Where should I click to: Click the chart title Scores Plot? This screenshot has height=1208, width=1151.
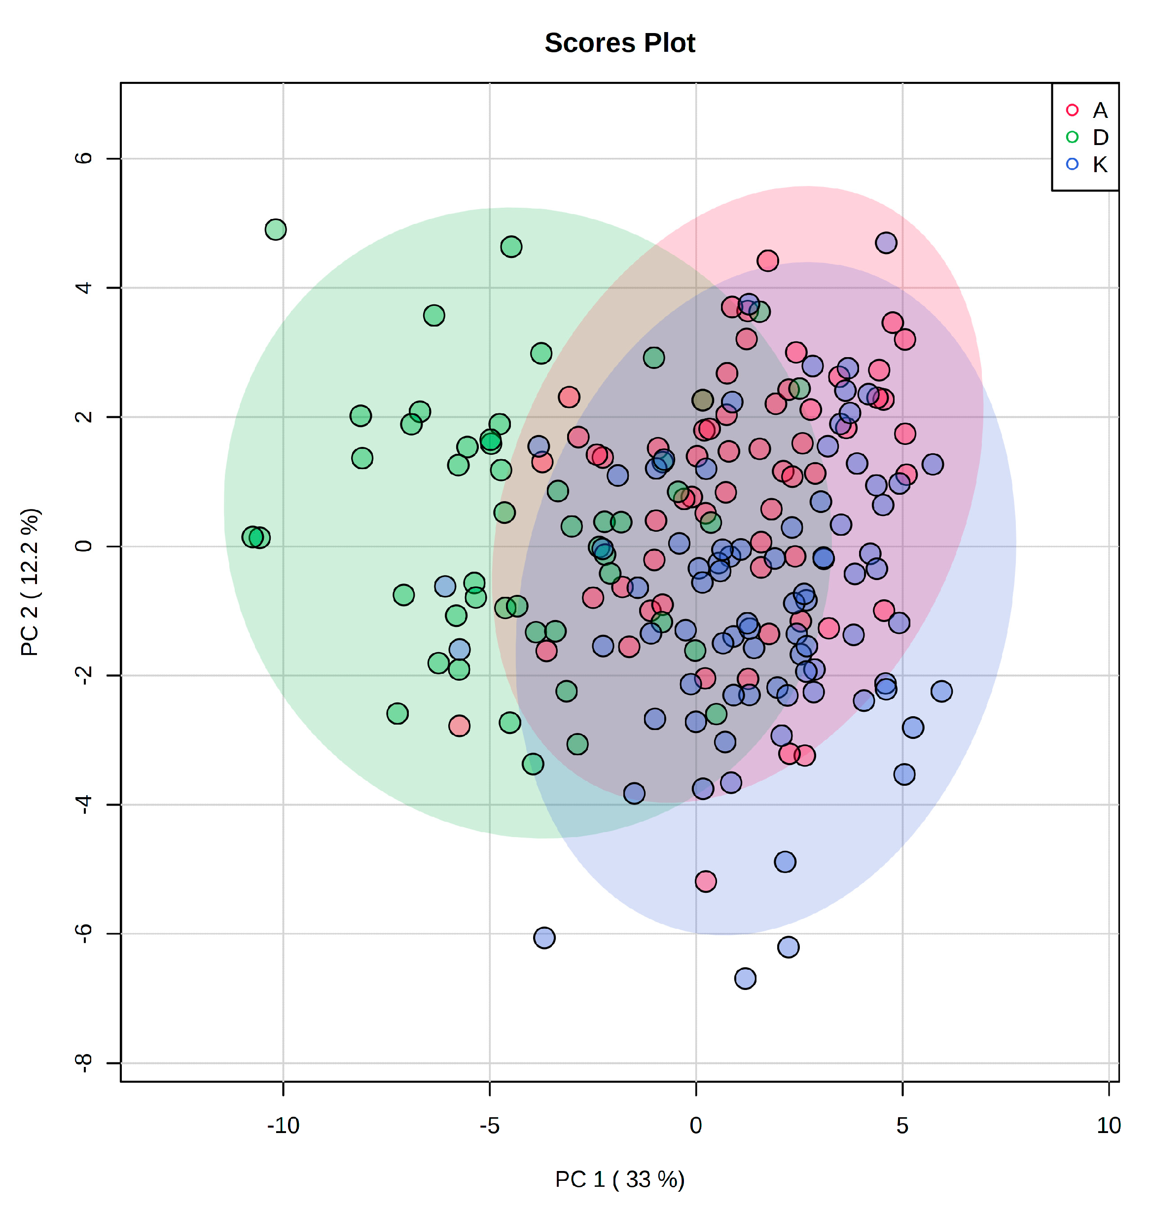tap(620, 43)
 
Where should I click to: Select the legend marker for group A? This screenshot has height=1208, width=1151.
tap(1072, 110)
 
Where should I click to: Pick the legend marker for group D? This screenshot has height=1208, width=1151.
tap(1072, 138)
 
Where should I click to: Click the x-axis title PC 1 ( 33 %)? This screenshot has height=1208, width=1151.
tap(620, 1179)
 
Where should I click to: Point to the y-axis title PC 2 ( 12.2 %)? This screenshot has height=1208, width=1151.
tap(30, 582)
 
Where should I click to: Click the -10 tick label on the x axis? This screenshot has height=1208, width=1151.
tap(283, 1125)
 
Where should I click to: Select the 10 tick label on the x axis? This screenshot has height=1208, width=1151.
tap(1108, 1125)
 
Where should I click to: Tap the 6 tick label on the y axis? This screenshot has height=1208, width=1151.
tap(83, 158)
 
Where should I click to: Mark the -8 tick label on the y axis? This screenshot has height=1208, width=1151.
tap(83, 1063)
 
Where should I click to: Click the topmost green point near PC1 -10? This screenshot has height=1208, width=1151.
tap(276, 229)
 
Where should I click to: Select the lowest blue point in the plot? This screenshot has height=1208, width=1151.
tap(745, 979)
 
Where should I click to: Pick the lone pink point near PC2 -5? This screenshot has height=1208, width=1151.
tap(706, 881)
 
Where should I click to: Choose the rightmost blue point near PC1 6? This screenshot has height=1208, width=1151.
tap(941, 692)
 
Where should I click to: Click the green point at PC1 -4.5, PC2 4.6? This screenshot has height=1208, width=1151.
tap(511, 247)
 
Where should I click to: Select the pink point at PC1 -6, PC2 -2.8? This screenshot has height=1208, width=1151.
tap(459, 726)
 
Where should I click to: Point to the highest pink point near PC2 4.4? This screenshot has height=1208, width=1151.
tap(767, 261)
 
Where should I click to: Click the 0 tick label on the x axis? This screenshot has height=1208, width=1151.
tap(696, 1125)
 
